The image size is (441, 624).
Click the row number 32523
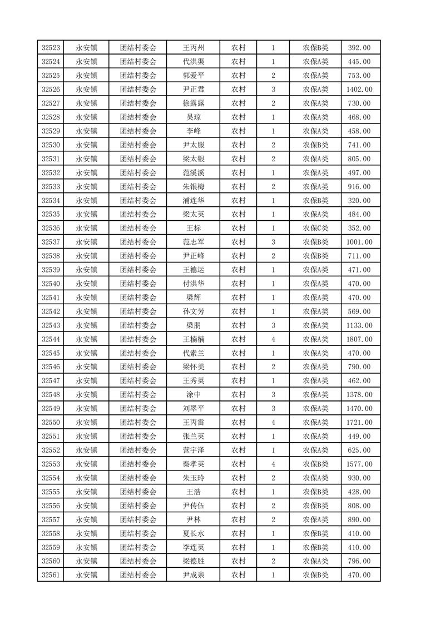pyautogui.click(x=51, y=48)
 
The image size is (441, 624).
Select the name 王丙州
pyautogui.click(x=193, y=48)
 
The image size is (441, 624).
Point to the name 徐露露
pyautogui.click(x=193, y=103)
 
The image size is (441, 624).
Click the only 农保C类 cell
pyautogui.click(x=315, y=228)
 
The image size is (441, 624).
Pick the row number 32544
pyautogui.click(x=51, y=339)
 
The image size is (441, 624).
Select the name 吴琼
pyautogui.click(x=193, y=117)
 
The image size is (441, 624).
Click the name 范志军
pyautogui.click(x=193, y=242)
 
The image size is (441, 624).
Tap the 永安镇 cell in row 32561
pyautogui.click(x=86, y=575)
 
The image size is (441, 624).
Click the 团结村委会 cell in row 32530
pyautogui.click(x=138, y=145)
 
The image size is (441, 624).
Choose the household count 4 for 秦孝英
pyautogui.click(x=273, y=464)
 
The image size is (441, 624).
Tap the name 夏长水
pyautogui.click(x=193, y=533)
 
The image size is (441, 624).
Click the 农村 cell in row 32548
pyautogui.click(x=238, y=395)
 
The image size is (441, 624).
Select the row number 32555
pyautogui.click(x=51, y=492)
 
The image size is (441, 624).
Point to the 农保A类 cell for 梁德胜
pyautogui.click(x=315, y=561)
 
